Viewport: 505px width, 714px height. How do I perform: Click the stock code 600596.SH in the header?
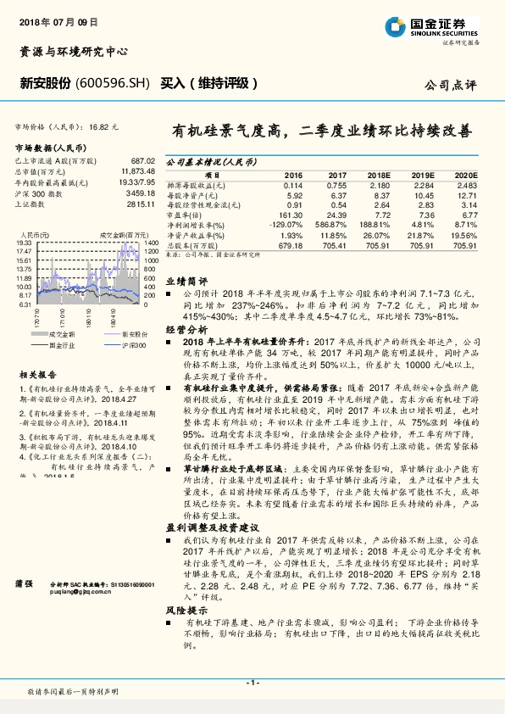(x=114, y=83)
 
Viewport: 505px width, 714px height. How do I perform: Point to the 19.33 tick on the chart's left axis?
(x=24, y=243)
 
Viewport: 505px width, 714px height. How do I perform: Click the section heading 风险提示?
(x=186, y=609)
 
